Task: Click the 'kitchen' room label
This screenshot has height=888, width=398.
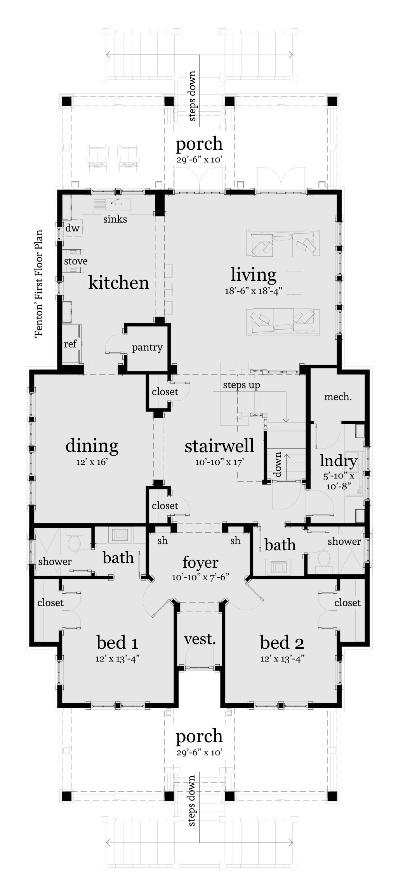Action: click(x=118, y=283)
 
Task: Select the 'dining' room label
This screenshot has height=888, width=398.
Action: click(x=92, y=446)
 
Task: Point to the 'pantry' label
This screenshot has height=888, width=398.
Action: click(x=147, y=347)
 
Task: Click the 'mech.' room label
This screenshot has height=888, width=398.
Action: click(x=338, y=397)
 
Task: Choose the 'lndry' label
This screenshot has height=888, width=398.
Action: click(x=338, y=461)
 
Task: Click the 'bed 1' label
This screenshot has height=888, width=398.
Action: click(x=117, y=643)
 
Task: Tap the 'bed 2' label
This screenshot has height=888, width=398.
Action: click(x=282, y=643)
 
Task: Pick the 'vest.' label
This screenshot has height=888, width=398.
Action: click(x=200, y=639)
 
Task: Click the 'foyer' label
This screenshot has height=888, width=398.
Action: click(x=200, y=562)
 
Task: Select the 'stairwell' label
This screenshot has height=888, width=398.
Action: click(x=219, y=446)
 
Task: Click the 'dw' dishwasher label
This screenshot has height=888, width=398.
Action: click(x=72, y=228)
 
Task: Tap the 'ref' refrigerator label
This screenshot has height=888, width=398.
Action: click(x=70, y=344)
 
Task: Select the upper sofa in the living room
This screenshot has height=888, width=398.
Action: click(x=282, y=244)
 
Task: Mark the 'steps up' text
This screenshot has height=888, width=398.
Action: click(x=241, y=385)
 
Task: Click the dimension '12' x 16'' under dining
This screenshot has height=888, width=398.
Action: click(x=92, y=462)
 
